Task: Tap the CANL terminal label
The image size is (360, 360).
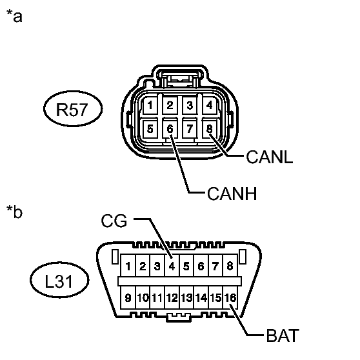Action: pyautogui.click(x=269, y=157)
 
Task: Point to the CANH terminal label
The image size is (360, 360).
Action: pyautogui.click(x=232, y=194)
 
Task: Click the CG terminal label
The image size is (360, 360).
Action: pyautogui.click(x=114, y=221)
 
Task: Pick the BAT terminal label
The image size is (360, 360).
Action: pyautogui.click(x=283, y=335)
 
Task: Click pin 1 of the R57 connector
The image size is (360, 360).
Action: pyautogui.click(x=150, y=105)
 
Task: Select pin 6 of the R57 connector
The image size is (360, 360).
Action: pyautogui.click(x=170, y=128)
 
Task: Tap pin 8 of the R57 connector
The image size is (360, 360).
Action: pyautogui.click(x=210, y=128)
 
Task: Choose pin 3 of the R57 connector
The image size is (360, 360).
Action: pyautogui.click(x=190, y=105)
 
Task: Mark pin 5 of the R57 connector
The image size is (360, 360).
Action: pyautogui.click(x=150, y=128)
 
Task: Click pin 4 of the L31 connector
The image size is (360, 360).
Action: pyautogui.click(x=172, y=266)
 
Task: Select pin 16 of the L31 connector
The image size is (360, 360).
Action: pyautogui.click(x=230, y=297)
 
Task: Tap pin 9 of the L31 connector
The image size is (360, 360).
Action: pyautogui.click(x=128, y=297)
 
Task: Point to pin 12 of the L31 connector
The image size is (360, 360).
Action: pyautogui.click(x=172, y=297)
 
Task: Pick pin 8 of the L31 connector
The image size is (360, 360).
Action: pyautogui.click(x=230, y=266)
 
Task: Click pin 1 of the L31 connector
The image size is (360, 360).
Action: pyautogui.click(x=128, y=266)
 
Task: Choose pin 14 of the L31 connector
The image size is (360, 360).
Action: pyautogui.click(x=201, y=297)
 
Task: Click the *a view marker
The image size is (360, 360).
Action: pyautogui.click(x=14, y=16)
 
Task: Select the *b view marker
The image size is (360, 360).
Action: pyautogui.click(x=14, y=211)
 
